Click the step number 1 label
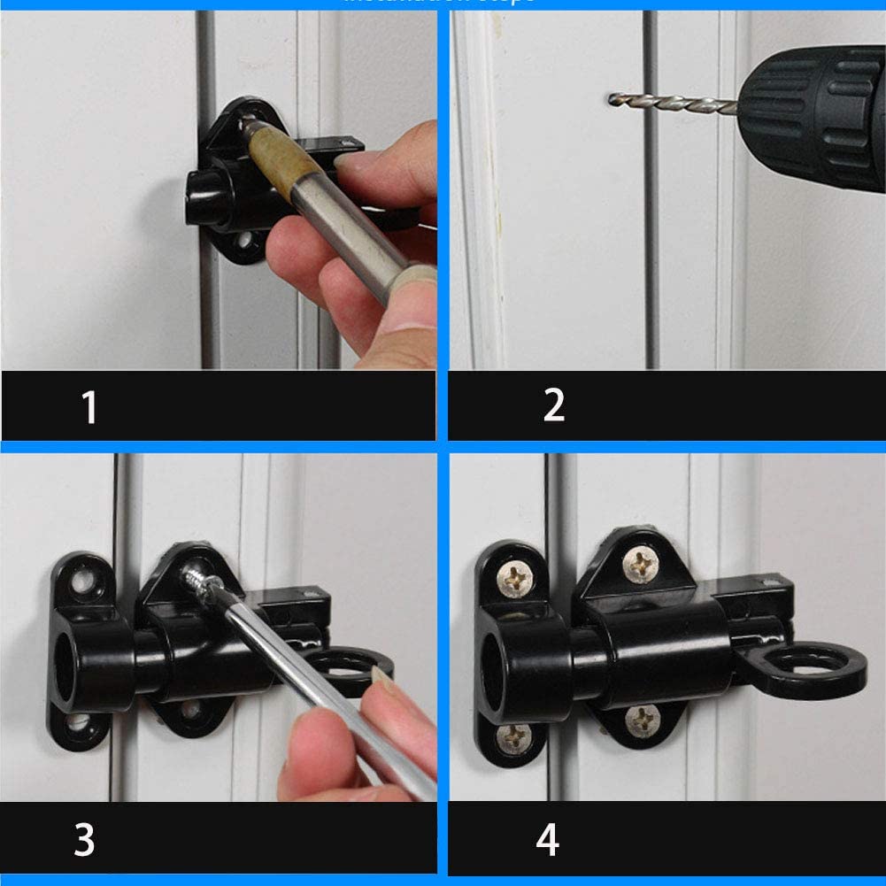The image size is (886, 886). (x=89, y=407)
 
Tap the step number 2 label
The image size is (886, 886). (x=553, y=405)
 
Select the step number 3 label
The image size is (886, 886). (x=84, y=839)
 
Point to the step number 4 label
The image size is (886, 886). (x=548, y=839)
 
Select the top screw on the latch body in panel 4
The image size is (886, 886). (x=640, y=565)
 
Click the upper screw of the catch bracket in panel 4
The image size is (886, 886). (x=513, y=579)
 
